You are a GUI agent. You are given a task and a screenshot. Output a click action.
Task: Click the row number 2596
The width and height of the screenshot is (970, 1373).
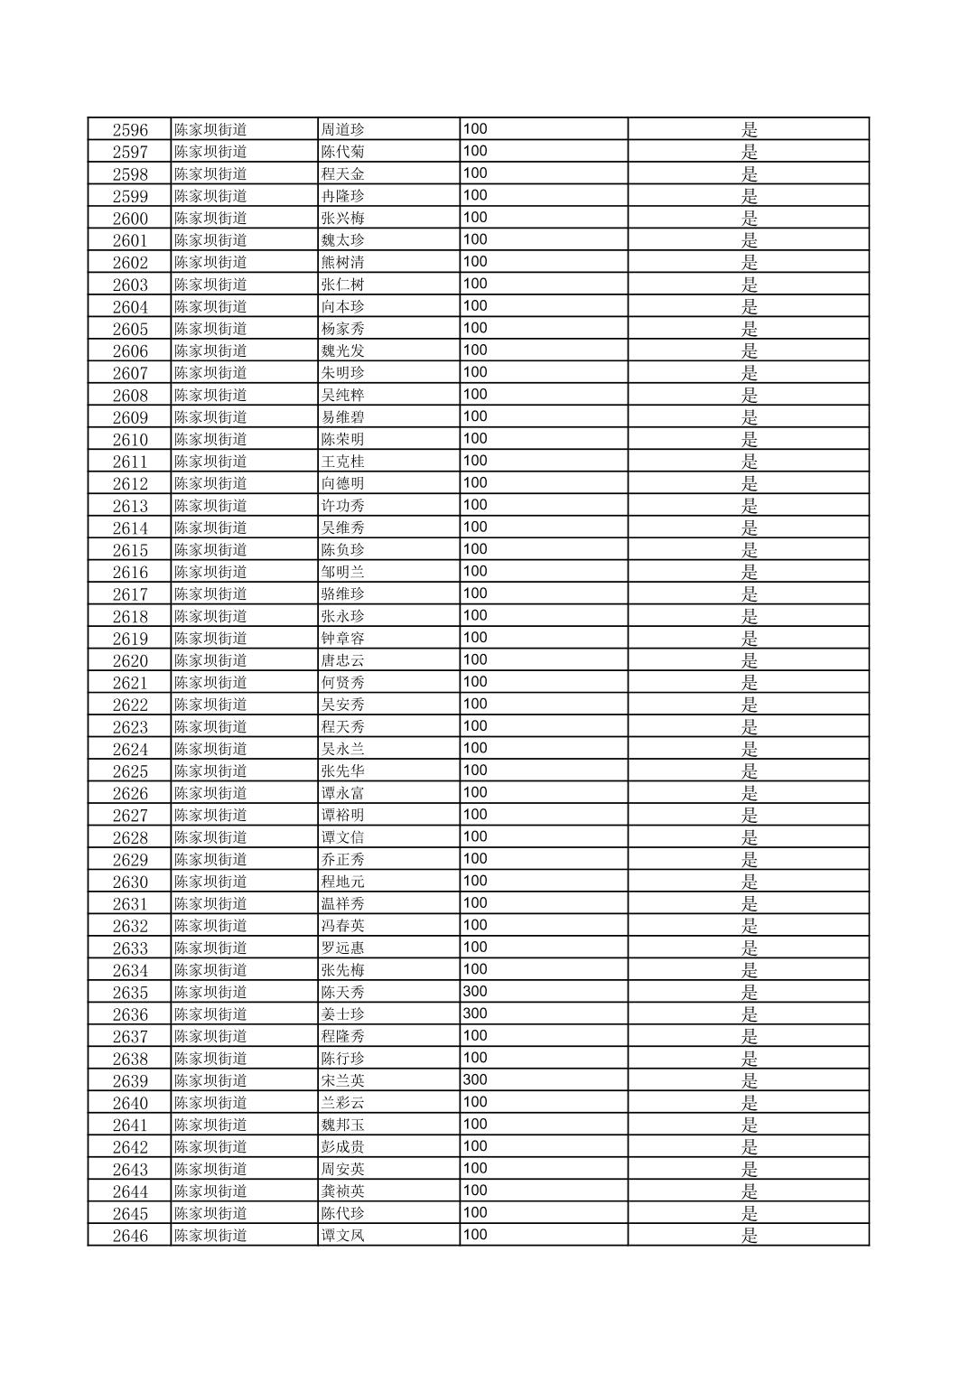pos(130,129)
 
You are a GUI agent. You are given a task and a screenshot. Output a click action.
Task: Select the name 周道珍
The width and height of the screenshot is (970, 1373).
pos(343,129)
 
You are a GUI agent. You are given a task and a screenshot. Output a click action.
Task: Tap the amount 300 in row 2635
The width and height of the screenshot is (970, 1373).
pos(475,991)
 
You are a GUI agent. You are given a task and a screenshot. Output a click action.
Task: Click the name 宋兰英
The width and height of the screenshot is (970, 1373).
pos(343,1080)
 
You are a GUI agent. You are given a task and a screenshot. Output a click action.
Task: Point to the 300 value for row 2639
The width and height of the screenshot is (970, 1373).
pos(475,1079)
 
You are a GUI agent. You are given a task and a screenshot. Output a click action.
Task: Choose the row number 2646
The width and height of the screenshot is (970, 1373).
pos(130,1236)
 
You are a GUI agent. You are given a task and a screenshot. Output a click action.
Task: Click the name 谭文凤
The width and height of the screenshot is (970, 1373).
pos(343,1236)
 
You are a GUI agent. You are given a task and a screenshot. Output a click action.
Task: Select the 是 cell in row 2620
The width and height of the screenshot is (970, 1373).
pos(749,660)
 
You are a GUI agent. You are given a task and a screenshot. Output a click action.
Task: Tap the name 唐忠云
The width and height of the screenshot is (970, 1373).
pos(343,660)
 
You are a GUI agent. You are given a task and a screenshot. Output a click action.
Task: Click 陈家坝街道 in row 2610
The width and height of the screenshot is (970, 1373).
pos(210,439)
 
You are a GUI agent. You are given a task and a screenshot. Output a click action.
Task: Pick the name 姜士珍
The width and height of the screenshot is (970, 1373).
pos(343,1013)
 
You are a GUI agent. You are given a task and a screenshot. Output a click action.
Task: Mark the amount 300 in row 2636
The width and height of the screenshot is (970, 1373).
pos(475,1013)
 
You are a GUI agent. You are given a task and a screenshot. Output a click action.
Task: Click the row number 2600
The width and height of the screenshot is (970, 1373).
pos(130,218)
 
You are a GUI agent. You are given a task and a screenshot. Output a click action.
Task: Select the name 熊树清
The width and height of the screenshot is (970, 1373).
pos(343,262)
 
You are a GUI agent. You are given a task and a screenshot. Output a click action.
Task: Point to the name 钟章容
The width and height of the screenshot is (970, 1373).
pos(343,639)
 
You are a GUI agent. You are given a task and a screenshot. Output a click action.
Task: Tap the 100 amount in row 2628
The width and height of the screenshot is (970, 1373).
pos(475,836)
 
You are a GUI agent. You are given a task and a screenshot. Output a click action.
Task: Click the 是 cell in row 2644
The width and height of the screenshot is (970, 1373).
pos(749,1191)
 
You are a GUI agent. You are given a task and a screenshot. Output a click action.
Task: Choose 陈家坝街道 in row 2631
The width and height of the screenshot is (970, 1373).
pos(210,903)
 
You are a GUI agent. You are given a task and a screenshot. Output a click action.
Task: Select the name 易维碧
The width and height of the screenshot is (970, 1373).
pos(343,417)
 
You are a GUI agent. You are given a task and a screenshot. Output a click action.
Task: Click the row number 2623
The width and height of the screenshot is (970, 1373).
pos(130,727)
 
